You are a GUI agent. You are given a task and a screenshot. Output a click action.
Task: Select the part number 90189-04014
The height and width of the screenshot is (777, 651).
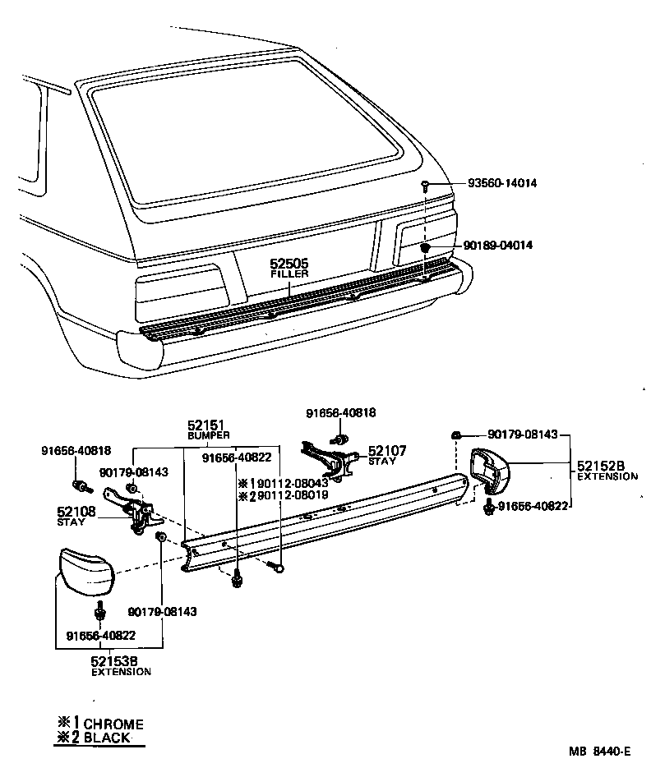pos(498,245)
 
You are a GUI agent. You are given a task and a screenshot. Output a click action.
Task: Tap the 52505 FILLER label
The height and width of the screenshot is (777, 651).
pos(289,268)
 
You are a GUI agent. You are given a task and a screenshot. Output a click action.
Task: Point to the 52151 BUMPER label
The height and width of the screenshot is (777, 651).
pos(207,429)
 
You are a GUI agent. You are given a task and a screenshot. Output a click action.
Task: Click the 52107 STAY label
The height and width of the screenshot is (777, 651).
pos(386,455)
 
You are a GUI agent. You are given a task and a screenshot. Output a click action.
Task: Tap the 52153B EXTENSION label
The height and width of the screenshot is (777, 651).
pos(120,665)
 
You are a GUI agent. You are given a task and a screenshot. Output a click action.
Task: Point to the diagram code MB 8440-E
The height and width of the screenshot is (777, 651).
pos(600,751)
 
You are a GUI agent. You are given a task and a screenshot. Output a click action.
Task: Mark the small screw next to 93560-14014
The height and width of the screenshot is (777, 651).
pos(425,185)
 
